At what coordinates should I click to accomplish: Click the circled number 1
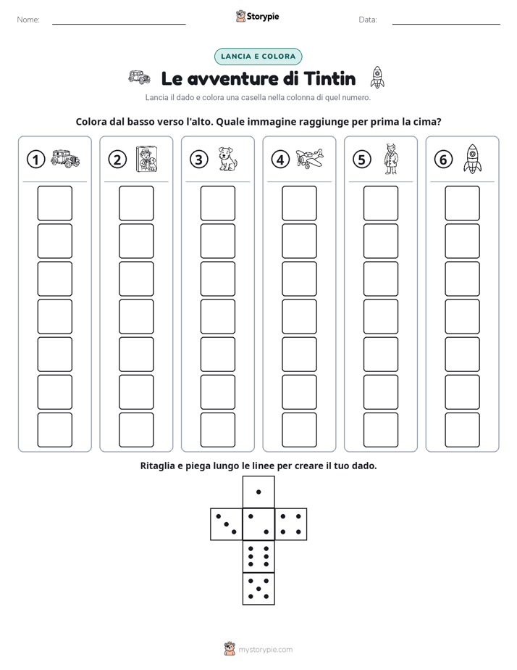tap(35, 160)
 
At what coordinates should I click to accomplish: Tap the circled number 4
tap(280, 160)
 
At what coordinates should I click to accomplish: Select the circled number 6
tap(443, 160)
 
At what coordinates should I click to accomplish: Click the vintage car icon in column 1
tap(65, 159)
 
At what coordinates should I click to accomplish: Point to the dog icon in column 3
tap(227, 159)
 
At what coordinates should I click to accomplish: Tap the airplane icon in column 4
tap(310, 159)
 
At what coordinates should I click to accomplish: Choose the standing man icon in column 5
tap(390, 159)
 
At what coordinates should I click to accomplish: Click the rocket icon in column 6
tap(473, 159)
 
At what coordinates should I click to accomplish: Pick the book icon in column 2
tap(146, 159)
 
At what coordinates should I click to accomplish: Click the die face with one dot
tap(258, 492)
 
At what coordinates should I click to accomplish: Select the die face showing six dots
tap(258, 556)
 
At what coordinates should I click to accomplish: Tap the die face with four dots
tap(291, 524)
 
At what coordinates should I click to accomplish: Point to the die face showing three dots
tap(227, 524)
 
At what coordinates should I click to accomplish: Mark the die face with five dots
tap(258, 589)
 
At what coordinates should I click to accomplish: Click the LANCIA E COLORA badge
tap(258, 57)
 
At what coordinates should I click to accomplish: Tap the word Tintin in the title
tap(329, 78)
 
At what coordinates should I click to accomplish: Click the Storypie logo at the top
tap(257, 16)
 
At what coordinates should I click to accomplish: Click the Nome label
tap(28, 20)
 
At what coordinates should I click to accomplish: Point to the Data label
tap(368, 20)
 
